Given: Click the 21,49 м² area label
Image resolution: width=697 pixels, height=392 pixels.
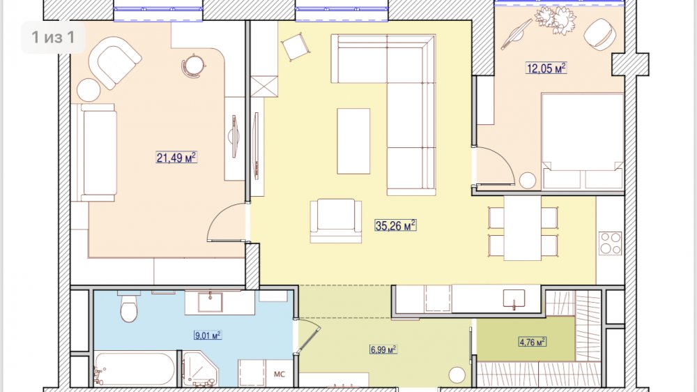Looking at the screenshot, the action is coord(176,158).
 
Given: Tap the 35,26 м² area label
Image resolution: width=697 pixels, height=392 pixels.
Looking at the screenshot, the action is coord(396,225).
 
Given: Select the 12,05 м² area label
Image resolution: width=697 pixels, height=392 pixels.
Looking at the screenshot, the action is coord(546,68).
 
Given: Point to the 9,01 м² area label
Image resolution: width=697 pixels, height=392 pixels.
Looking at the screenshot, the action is coord(208,335).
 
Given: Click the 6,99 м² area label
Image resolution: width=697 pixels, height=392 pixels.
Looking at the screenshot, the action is coord(383,349).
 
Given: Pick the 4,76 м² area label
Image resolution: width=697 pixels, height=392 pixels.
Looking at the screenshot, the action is coord(533,342).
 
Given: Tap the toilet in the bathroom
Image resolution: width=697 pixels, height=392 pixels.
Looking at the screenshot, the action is coord(129,306).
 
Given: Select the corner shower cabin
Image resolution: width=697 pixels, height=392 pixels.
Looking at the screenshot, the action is coord(200,369).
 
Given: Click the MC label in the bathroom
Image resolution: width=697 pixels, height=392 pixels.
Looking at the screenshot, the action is coord(279,374).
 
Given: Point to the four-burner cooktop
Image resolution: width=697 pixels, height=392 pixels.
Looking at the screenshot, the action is coord(611,243).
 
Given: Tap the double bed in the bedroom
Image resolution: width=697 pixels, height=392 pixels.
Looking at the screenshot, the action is coord(583,141).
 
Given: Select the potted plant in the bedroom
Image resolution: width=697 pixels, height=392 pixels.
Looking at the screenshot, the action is coord(556,20).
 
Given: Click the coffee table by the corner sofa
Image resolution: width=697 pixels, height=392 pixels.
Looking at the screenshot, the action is coord(353,141).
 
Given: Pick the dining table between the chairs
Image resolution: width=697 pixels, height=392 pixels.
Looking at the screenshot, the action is coord(522,228).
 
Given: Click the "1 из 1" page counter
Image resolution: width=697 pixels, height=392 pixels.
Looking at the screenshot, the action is coord(53,38).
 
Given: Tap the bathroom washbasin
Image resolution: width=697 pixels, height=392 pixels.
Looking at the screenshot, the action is coord(210,302).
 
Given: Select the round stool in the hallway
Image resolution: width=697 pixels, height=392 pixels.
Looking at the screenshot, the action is coord(457,375).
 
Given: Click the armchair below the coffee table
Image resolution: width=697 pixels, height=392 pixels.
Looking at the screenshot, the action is coord(336,220).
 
